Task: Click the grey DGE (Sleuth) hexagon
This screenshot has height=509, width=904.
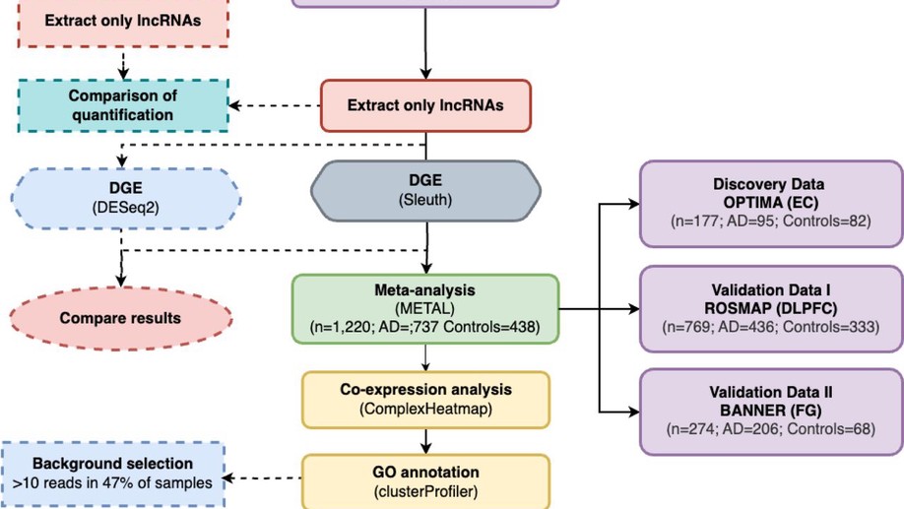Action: click(x=426, y=190)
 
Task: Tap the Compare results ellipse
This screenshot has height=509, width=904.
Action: click(x=120, y=318)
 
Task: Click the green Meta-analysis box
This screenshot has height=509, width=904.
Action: click(x=425, y=309)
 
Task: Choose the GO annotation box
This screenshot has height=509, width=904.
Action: click(x=425, y=478)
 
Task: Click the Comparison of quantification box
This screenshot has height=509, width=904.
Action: click(x=121, y=105)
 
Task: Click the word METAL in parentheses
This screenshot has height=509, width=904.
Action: click(x=425, y=308)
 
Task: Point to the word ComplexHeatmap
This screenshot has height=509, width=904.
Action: click(x=425, y=409)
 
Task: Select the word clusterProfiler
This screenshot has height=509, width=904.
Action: click(x=425, y=489)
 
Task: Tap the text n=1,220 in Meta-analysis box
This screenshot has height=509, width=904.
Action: click(x=341, y=327)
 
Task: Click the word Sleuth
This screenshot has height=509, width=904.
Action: click(x=425, y=200)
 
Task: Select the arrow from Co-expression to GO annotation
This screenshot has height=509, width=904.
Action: click(x=425, y=440)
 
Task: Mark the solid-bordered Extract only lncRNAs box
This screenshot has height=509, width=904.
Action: click(x=425, y=103)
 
